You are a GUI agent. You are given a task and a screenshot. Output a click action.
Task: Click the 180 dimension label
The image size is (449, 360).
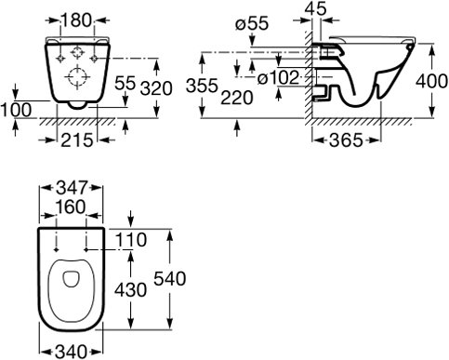click(x=77, y=20)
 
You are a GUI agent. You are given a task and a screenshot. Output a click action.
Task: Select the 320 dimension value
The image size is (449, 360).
click(x=156, y=88)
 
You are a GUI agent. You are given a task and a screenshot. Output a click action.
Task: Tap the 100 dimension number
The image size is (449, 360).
click(x=16, y=110)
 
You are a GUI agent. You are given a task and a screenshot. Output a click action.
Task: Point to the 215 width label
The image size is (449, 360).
click(x=77, y=140)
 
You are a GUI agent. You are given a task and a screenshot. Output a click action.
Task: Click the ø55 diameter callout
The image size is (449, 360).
click(x=252, y=24)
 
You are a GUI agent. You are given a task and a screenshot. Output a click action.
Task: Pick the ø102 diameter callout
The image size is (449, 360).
click(x=278, y=77)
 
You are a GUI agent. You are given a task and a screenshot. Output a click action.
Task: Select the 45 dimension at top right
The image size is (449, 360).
click(x=315, y=8)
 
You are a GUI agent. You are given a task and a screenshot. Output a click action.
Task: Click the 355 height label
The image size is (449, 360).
click(x=202, y=86)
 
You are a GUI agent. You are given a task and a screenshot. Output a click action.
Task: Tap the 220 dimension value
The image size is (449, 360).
click(x=237, y=99)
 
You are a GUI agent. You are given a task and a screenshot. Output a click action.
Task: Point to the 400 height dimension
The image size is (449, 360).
click(x=431, y=82)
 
